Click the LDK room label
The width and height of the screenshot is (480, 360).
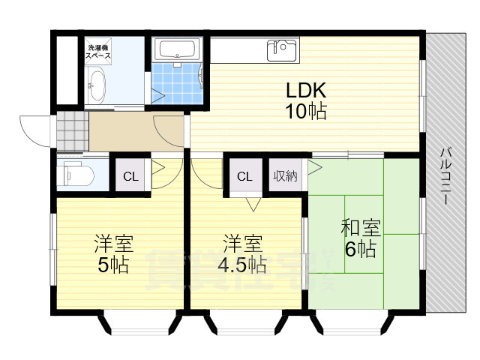click(304, 90)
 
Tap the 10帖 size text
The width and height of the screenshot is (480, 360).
click(304, 112)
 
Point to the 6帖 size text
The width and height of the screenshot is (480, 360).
click(361, 250)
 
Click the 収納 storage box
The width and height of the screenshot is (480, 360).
click(285, 177)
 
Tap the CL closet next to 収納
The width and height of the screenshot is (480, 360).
click(244, 177)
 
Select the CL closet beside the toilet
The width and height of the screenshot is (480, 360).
click(130, 177)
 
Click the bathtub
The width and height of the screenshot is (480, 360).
click(178, 49)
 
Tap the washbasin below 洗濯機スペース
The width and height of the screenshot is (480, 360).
click(97, 86)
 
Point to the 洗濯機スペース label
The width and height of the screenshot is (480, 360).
click(97, 51)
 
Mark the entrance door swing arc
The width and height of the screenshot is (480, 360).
click(33, 127)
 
